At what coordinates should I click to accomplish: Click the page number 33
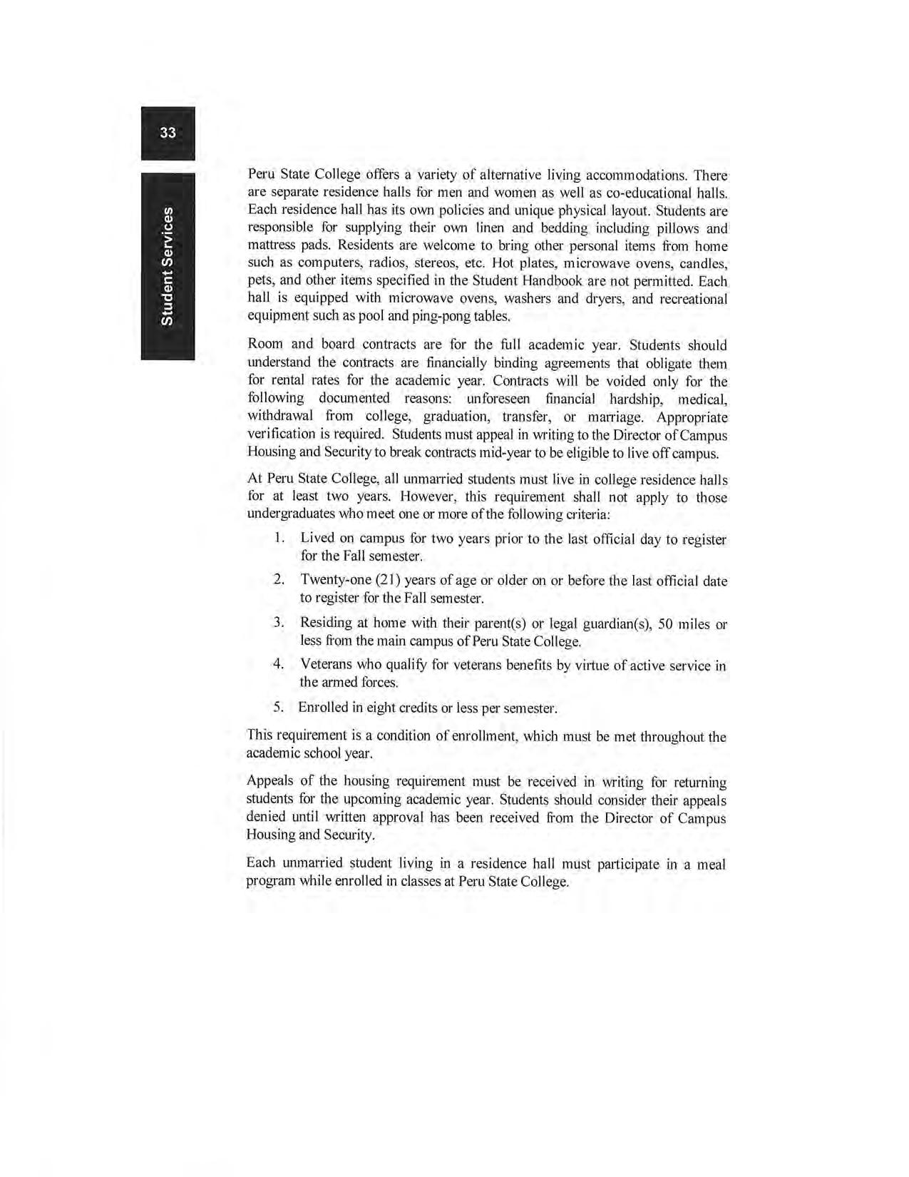(x=168, y=133)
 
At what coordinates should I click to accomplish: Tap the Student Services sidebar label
(x=167, y=266)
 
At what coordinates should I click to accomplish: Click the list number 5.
(x=279, y=708)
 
